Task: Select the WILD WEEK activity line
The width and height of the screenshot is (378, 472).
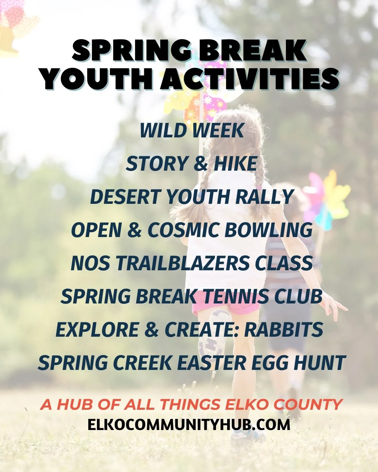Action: (x=192, y=131)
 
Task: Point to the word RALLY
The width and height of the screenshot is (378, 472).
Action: (x=264, y=197)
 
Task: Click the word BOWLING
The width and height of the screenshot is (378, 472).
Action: (x=268, y=230)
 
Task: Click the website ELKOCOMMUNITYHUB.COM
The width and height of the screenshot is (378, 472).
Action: (x=189, y=425)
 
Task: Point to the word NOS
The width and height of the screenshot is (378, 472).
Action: (x=90, y=263)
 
